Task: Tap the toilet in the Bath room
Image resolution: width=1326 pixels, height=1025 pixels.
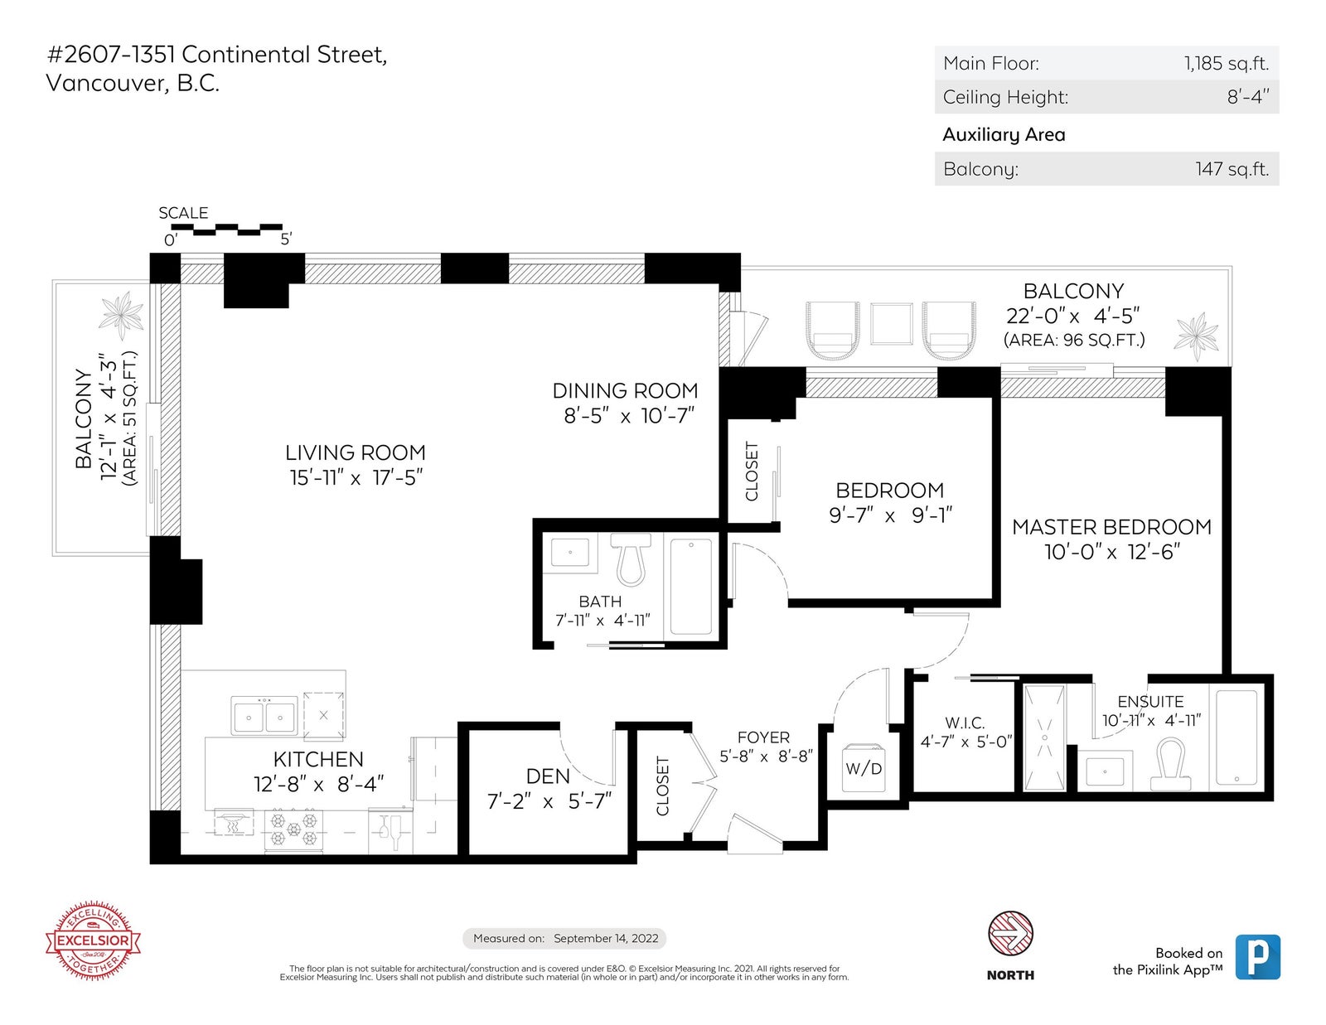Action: tap(631, 559)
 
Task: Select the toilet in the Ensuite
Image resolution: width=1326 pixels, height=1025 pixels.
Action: tap(1170, 764)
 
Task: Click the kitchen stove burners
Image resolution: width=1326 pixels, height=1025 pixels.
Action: tap(293, 829)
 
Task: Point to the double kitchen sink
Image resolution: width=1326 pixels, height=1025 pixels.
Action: tap(264, 715)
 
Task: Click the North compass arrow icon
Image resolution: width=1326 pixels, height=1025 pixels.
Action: tap(1010, 934)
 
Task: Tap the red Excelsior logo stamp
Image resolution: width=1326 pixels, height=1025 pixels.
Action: tap(93, 940)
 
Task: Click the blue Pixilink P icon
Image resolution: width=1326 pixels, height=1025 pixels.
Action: tap(1258, 957)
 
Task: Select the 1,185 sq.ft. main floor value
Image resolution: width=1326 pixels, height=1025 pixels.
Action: tap(1227, 64)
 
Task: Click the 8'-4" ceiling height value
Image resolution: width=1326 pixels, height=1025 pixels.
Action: tap(1248, 97)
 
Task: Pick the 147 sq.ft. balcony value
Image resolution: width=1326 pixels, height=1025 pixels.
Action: tap(1232, 169)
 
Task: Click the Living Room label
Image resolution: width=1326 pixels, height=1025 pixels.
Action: tap(356, 452)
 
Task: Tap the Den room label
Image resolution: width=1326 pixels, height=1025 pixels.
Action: tap(547, 776)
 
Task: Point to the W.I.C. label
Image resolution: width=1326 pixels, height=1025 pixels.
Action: tap(965, 723)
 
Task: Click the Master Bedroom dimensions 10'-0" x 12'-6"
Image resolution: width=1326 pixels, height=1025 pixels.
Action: tap(1111, 552)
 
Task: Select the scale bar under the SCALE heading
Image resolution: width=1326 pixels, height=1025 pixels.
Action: tap(227, 230)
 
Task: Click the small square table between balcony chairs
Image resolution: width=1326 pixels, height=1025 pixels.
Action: tap(892, 323)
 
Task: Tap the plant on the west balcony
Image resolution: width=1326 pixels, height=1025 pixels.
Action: tap(122, 315)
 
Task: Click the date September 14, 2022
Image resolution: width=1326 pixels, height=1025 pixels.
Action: tap(606, 938)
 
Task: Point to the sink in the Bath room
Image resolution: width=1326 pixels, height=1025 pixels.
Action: tap(570, 553)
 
